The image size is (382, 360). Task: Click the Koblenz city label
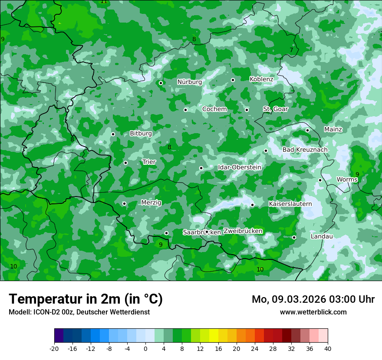(x=261, y=79)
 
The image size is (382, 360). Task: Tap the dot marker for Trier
(x=125, y=163)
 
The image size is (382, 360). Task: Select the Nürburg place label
(x=189, y=82)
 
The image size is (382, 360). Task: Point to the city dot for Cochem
(x=185, y=110)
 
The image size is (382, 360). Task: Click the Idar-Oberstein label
(x=239, y=167)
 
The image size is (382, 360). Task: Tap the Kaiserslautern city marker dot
(x=252, y=205)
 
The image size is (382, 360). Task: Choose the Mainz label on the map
(x=333, y=130)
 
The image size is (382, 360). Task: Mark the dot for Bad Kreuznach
(x=266, y=151)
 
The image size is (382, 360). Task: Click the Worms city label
(x=347, y=180)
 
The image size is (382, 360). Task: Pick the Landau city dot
(x=294, y=237)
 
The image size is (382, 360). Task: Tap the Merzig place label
(x=151, y=203)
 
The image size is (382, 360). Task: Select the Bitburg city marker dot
(x=113, y=134)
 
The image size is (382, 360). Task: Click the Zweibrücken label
(x=243, y=231)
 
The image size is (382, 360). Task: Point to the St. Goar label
(x=275, y=109)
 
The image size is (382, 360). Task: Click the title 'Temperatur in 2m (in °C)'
(x=86, y=299)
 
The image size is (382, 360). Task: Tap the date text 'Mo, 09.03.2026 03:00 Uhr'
(x=313, y=299)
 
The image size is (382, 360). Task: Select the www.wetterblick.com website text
(x=313, y=312)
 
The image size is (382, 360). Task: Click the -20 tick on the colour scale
(x=54, y=349)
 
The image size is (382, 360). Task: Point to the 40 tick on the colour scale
(x=327, y=349)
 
